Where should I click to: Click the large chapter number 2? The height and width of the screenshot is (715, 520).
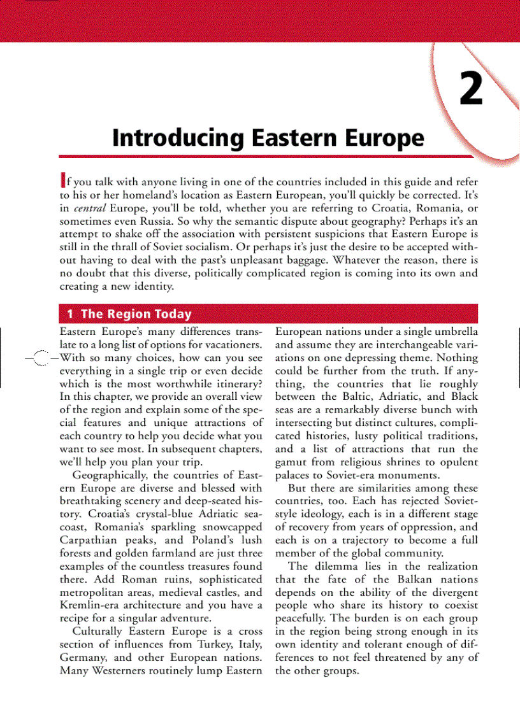pos(472,90)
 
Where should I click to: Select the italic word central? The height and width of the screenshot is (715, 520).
pos(90,208)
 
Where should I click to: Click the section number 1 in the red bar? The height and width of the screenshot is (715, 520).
pos(70,314)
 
